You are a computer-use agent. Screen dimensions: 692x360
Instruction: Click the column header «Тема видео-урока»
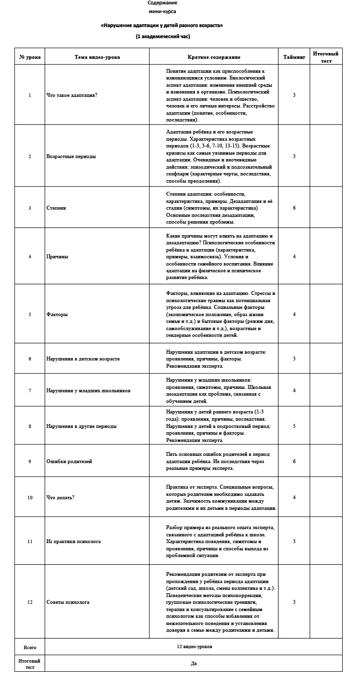pos(97,57)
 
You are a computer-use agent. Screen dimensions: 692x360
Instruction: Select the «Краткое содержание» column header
pos(213,57)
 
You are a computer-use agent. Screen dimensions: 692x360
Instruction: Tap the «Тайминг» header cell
pos(294,57)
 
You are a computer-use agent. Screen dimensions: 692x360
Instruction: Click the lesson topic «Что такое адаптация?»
pos(72,95)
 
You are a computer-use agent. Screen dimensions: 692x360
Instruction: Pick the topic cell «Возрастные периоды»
pos(71,156)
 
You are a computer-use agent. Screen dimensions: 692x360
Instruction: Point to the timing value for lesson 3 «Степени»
pos(294,208)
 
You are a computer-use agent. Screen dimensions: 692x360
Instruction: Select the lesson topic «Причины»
pos(57,256)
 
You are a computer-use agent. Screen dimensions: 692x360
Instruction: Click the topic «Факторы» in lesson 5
pos(57,314)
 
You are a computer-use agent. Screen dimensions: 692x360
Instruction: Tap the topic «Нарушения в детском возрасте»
pos(83,359)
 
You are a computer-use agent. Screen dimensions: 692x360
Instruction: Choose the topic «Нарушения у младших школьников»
pos(88,390)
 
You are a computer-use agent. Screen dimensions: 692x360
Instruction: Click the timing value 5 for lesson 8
pos(294,426)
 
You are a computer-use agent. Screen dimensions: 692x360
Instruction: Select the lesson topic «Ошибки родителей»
pos(69,461)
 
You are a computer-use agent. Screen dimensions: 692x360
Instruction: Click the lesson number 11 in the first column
pos(30,541)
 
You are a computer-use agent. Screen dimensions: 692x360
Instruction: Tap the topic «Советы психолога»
pos(68,602)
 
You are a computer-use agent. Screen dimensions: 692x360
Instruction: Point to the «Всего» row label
pos(30,647)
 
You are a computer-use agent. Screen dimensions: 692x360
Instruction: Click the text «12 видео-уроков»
pos(194,647)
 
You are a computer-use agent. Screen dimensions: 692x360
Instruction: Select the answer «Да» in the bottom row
pos(194,663)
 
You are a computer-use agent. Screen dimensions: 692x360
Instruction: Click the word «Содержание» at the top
pos(162,3)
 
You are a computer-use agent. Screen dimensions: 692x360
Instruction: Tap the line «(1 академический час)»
pos(162,36)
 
